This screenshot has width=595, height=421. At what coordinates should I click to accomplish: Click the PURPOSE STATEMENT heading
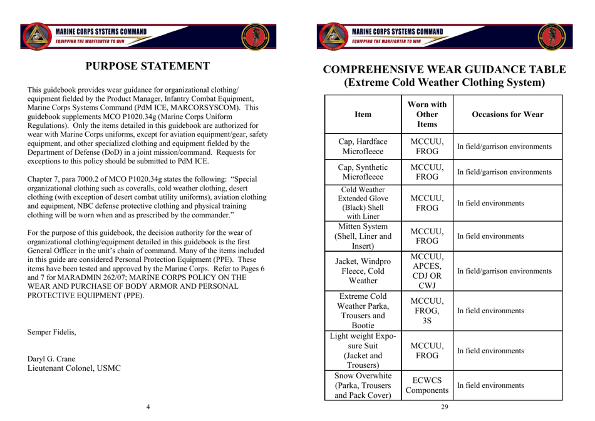tap(147, 66)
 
